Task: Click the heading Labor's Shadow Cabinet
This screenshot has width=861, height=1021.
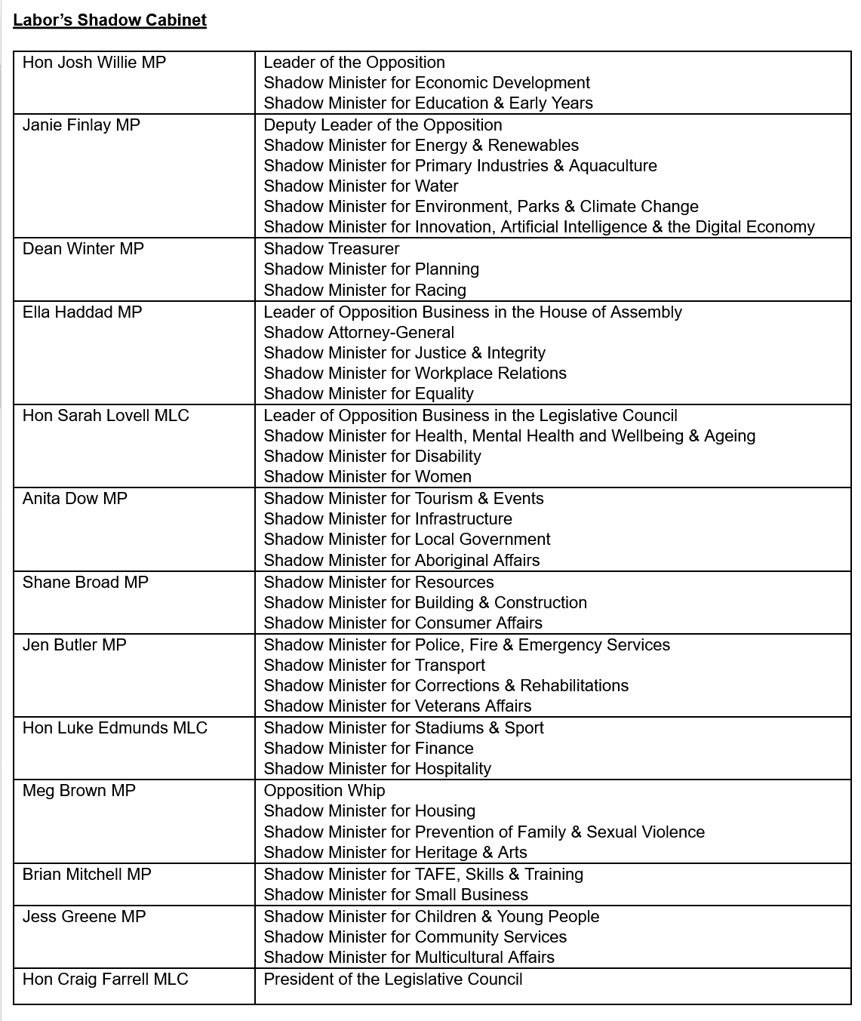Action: click(109, 20)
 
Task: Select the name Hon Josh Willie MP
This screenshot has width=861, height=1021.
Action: click(94, 63)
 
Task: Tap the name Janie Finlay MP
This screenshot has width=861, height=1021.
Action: click(81, 125)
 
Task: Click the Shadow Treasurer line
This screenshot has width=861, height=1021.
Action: click(331, 249)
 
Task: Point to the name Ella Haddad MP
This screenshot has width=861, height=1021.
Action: click(82, 312)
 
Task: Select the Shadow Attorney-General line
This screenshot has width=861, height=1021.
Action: click(358, 333)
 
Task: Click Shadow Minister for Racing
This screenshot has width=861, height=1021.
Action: click(364, 291)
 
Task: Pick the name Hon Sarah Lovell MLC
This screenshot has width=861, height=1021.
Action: click(106, 416)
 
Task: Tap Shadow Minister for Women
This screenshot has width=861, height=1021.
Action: click(367, 477)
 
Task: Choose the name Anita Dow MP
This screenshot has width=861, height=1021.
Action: click(75, 499)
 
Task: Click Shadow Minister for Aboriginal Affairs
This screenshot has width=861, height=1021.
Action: click(401, 561)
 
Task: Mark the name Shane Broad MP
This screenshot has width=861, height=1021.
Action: click(85, 583)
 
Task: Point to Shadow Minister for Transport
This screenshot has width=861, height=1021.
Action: click(374, 666)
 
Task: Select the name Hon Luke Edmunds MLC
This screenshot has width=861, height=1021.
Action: click(115, 728)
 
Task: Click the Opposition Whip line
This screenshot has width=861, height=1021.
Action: click(324, 791)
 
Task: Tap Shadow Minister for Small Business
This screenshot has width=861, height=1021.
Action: click(395, 895)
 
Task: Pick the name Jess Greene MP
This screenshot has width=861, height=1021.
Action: click(84, 917)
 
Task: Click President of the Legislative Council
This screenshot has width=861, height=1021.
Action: click(392, 979)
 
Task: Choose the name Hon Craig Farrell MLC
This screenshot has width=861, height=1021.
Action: click(105, 979)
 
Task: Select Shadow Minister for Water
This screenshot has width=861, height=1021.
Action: click(361, 186)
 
